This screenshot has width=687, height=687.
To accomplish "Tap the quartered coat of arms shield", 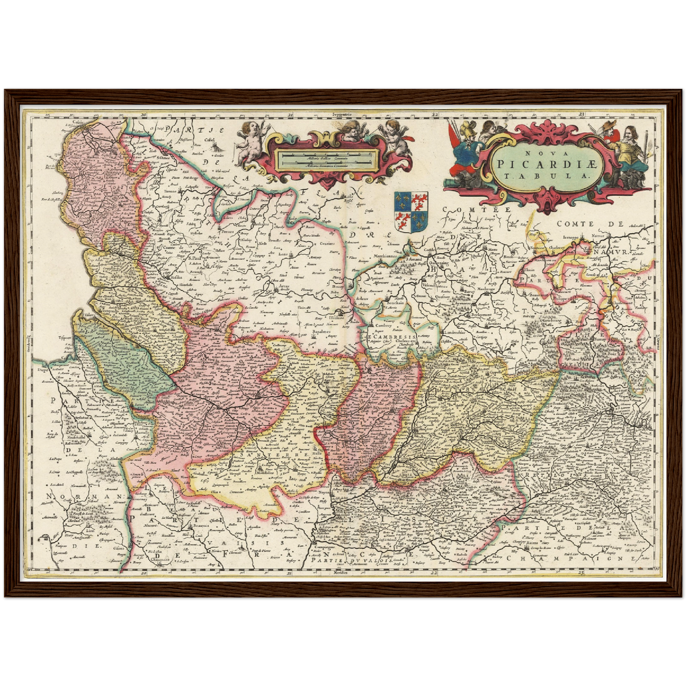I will click(411, 212).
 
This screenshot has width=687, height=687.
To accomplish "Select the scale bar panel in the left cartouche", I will click(328, 159).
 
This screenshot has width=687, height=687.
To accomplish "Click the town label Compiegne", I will click(325, 547).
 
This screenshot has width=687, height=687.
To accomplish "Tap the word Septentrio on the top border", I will click(342, 115).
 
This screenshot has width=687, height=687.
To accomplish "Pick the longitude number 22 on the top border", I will click(434, 115).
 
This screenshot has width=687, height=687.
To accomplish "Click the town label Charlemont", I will click(622, 303).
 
